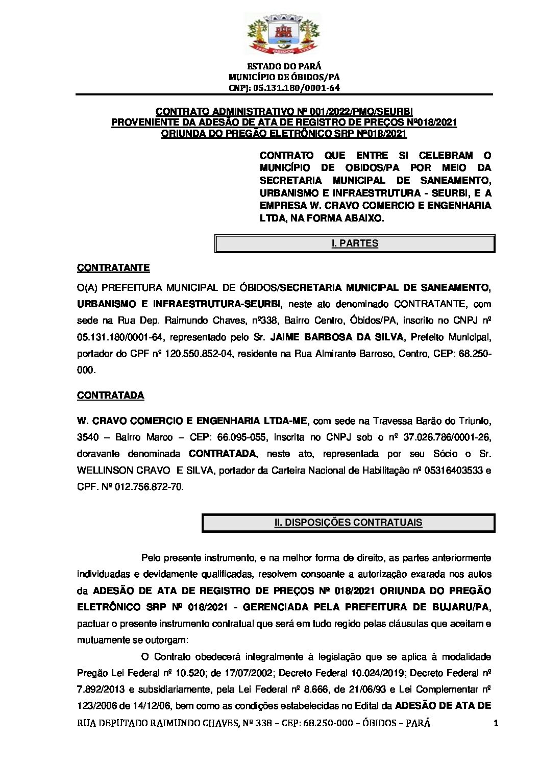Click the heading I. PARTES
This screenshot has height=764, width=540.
(355, 243)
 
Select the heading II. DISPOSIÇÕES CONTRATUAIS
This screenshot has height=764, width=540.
(348, 523)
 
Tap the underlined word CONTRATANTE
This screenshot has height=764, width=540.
(113, 268)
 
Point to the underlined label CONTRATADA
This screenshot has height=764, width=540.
(110, 396)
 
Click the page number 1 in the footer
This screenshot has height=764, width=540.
(496, 723)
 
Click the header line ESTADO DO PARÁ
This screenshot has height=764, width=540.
(284, 66)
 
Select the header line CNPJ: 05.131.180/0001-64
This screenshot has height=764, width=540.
(284, 87)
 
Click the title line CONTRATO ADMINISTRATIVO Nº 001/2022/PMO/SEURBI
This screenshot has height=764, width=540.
(284, 112)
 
